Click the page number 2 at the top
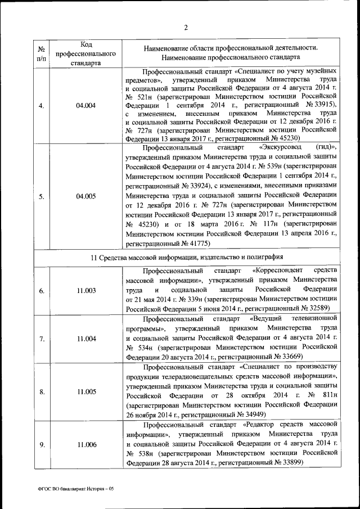click(186, 28)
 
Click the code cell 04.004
click(86, 105)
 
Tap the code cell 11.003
click(86, 290)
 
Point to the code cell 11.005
click(86, 391)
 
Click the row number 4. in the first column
click(41, 105)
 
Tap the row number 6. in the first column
click(41, 290)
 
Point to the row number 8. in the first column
click(41, 391)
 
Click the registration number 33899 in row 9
click(290, 462)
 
